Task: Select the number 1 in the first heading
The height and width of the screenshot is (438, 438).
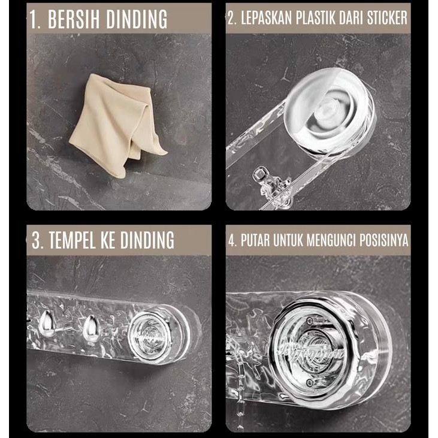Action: (34, 20)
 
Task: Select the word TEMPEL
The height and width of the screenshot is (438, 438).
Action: (74, 241)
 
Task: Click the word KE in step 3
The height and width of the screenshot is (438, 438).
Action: (110, 241)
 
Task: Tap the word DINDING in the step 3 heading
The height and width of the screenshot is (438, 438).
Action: (147, 241)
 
